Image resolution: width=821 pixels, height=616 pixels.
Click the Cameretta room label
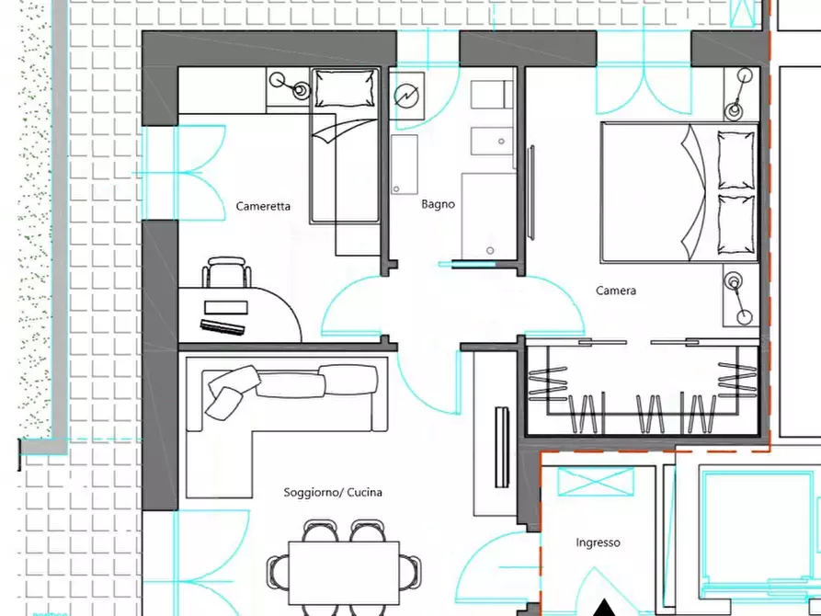point(263,206)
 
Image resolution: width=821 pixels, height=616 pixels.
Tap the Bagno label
point(438,204)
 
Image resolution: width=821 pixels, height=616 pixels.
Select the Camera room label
point(616,291)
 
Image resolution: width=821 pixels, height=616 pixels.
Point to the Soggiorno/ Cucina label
point(333,493)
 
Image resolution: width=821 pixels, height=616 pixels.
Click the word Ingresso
point(598,542)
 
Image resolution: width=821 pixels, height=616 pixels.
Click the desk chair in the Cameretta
point(226,271)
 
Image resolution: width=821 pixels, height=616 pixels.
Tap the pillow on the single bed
point(346,87)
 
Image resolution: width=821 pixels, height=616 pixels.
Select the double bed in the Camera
point(679,192)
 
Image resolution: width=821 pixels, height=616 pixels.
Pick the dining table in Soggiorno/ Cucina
point(344,573)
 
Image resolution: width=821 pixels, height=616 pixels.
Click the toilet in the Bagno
point(492,95)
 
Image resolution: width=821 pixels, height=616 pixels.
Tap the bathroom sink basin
point(492,142)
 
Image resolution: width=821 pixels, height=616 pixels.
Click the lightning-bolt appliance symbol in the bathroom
point(406,96)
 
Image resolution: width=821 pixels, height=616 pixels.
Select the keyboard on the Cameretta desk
point(222,327)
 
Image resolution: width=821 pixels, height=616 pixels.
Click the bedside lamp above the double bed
point(739,93)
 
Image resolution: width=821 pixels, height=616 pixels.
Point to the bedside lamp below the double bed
point(739,298)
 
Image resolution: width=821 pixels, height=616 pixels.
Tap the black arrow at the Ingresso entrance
point(605,608)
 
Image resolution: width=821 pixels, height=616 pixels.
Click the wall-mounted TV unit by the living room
point(502,447)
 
